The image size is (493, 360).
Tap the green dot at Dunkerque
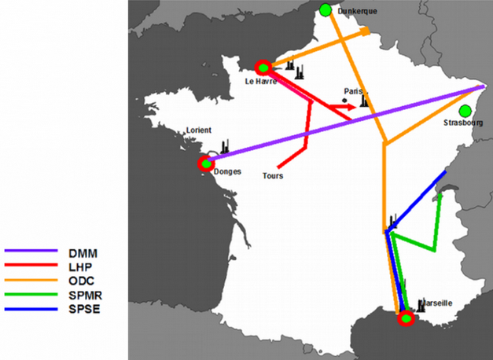pos(326,9)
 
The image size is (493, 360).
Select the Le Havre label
pos(261,81)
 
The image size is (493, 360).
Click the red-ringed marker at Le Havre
pos(263,68)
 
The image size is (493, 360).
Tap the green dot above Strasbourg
pos(465,111)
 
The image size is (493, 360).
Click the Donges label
pos(227,171)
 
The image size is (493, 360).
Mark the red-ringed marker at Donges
pos(207,164)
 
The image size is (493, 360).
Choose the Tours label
pos(272,176)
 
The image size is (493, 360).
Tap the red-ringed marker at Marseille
pos(406,318)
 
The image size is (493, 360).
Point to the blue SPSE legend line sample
pos(32,307)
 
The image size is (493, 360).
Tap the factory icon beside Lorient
pos(225,146)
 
